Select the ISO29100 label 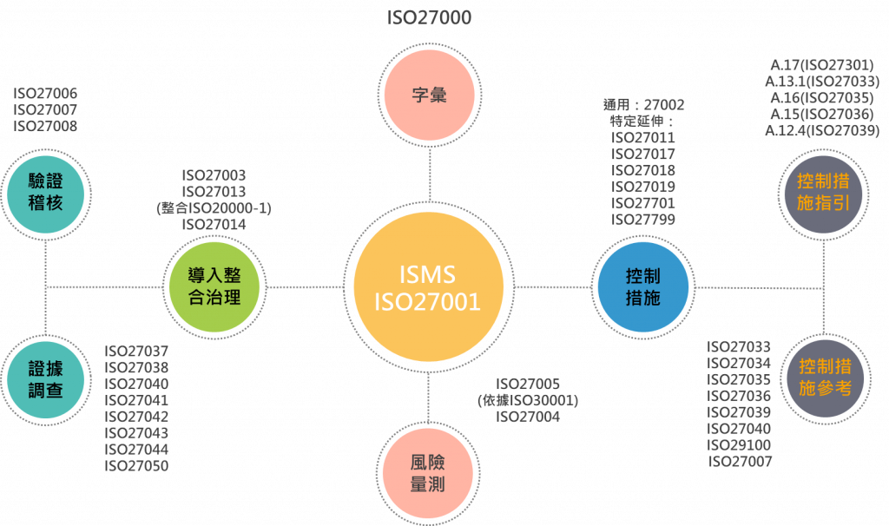click(740, 444)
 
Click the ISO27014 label click(214, 224)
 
